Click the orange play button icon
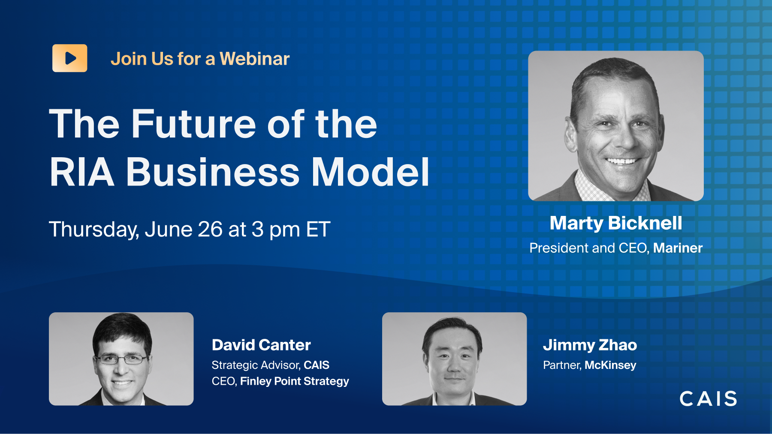click(x=70, y=58)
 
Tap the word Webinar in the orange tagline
click(x=255, y=59)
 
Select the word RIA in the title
click(x=82, y=172)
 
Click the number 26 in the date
click(x=210, y=229)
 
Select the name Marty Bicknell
click(x=616, y=223)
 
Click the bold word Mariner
click(x=678, y=248)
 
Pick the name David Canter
click(x=261, y=345)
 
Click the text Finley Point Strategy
click(x=295, y=381)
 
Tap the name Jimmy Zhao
click(x=590, y=345)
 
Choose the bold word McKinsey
click(x=610, y=365)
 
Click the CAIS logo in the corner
click(x=709, y=398)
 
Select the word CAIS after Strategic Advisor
click(x=317, y=365)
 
